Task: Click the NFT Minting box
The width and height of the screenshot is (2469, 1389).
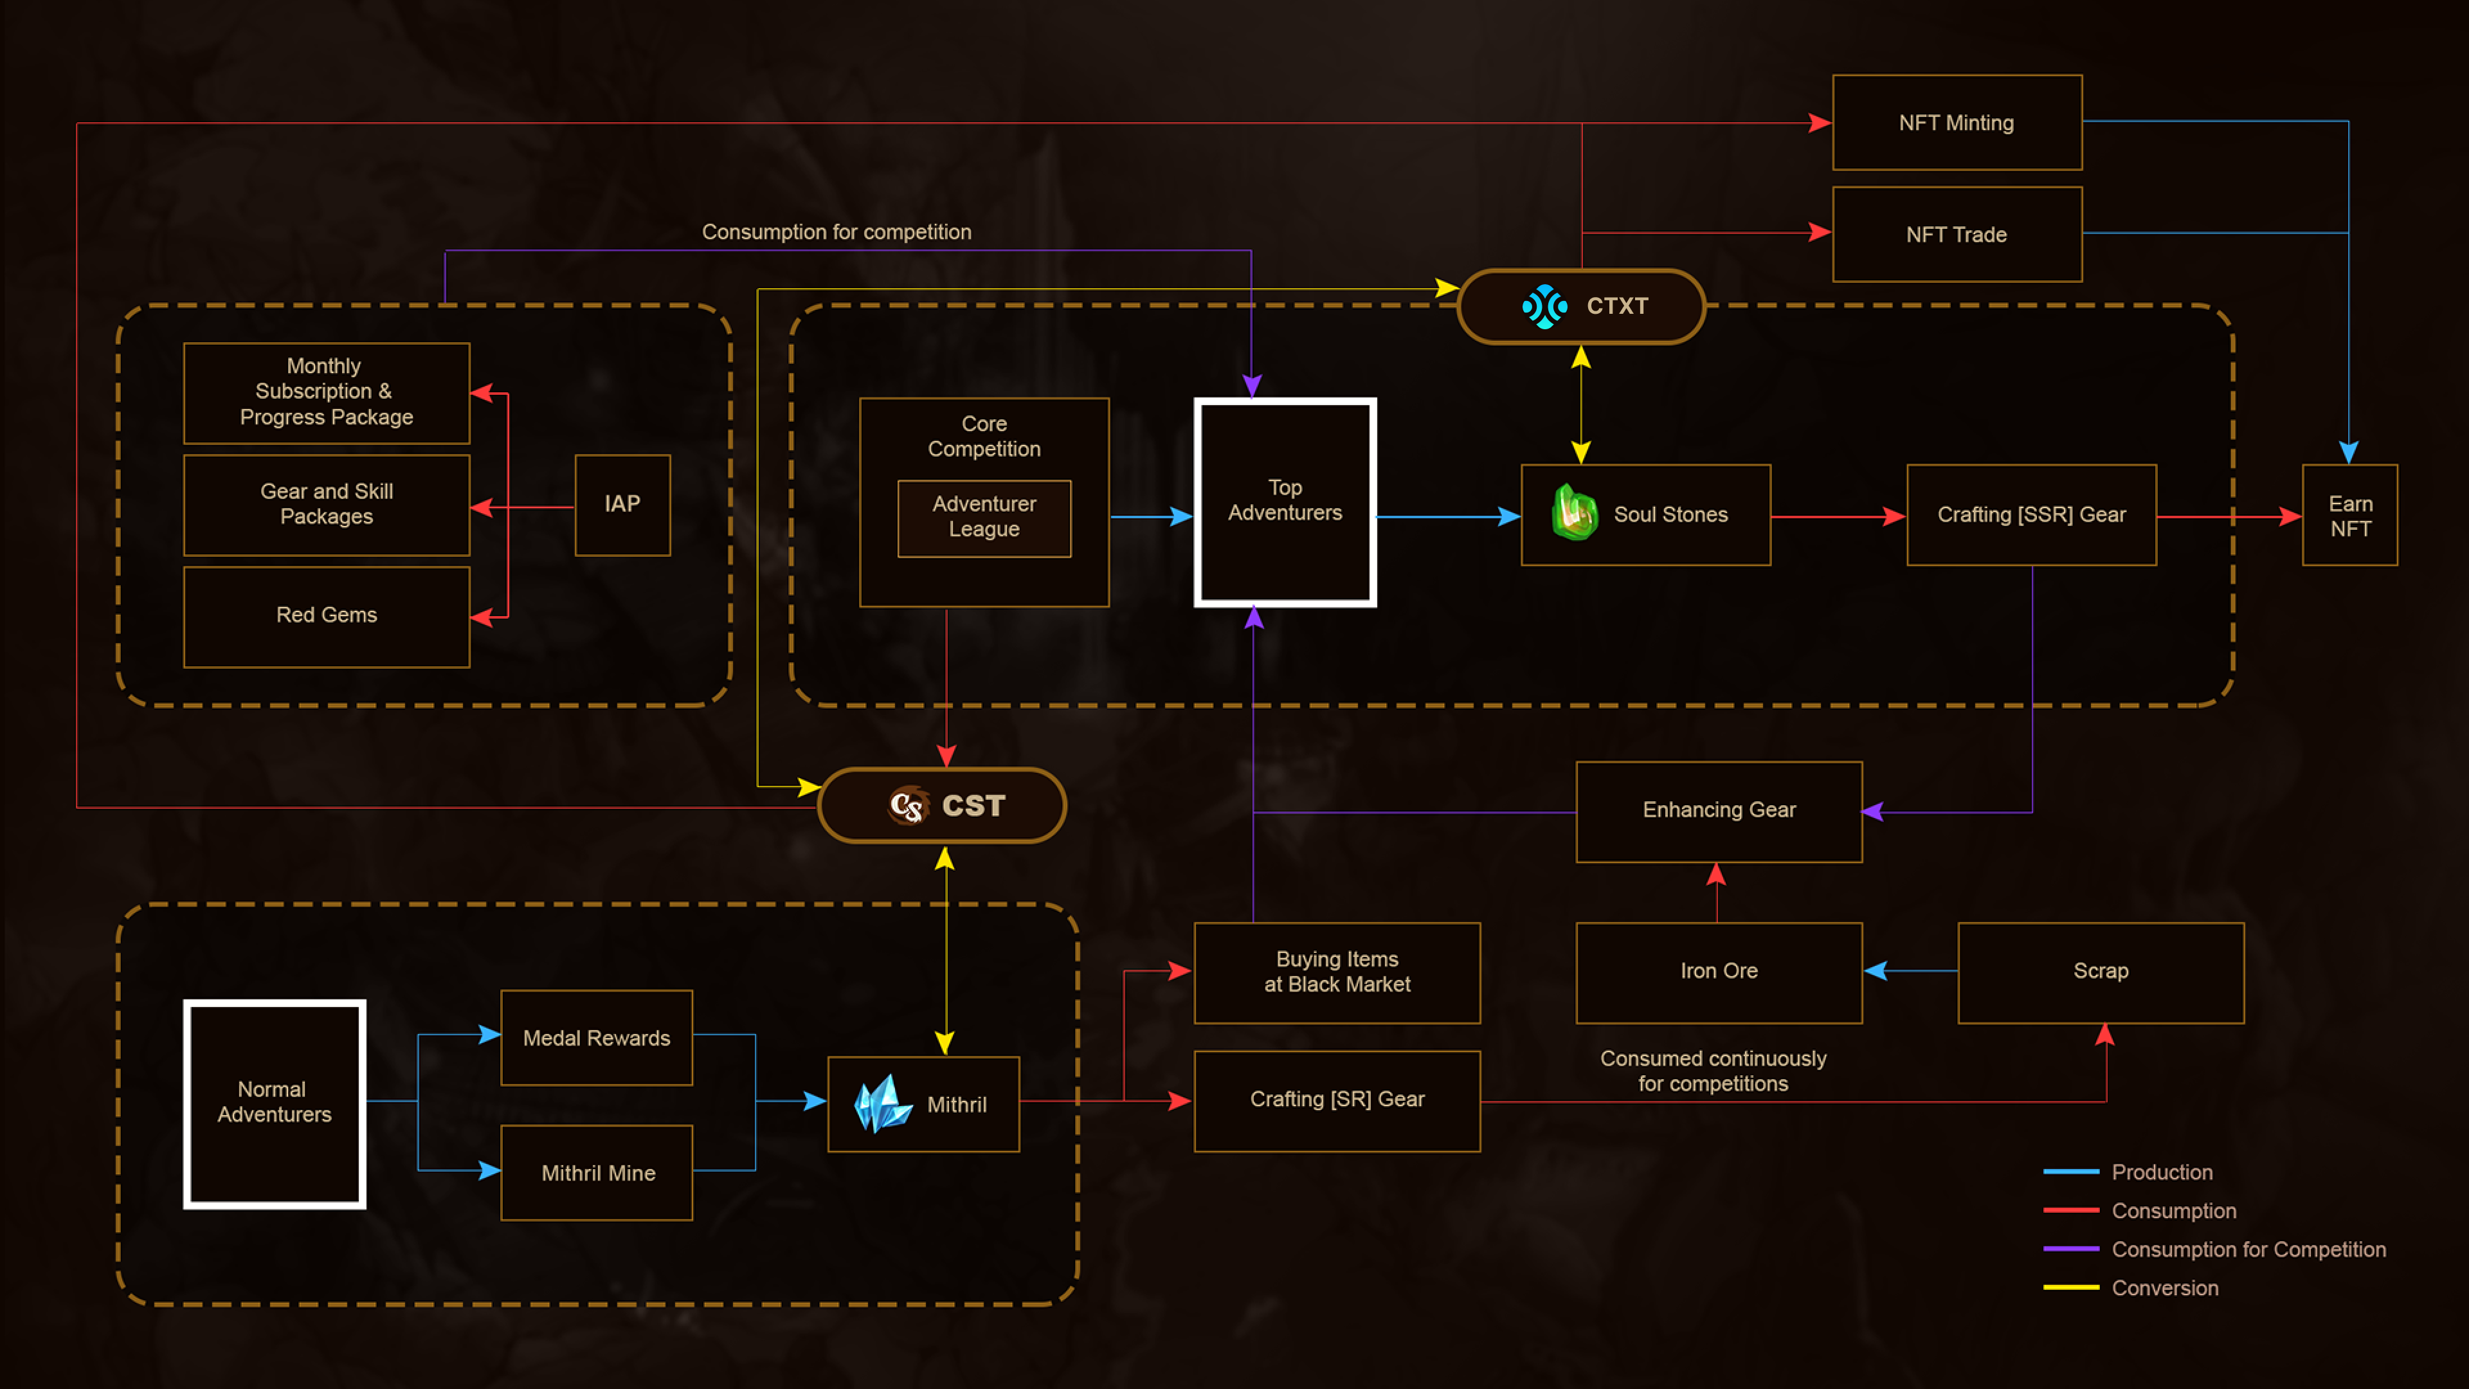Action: [1956, 123]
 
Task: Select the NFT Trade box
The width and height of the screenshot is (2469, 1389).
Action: [1956, 234]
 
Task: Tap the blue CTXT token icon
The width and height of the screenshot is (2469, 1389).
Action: [1544, 307]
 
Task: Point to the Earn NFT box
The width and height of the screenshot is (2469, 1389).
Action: [2349, 516]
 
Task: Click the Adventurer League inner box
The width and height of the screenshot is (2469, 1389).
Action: [983, 518]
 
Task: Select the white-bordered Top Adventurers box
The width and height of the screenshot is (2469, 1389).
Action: [1285, 502]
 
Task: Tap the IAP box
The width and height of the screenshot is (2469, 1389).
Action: [622, 504]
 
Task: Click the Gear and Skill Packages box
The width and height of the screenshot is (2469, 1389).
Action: [326, 504]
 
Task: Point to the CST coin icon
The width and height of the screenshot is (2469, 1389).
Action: [907, 805]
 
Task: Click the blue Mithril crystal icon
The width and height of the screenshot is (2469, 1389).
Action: [882, 1103]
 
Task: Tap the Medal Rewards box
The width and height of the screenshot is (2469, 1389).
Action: [596, 1037]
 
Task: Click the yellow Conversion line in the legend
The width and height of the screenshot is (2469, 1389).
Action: [2070, 1287]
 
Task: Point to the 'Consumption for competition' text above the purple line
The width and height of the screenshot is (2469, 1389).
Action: [836, 232]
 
